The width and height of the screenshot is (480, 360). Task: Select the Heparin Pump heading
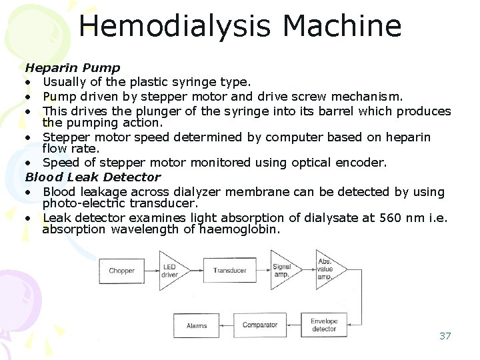click(73, 67)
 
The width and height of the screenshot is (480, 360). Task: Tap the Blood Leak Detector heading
click(93, 177)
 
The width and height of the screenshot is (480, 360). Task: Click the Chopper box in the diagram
click(121, 271)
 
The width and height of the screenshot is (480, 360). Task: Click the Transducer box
click(230, 271)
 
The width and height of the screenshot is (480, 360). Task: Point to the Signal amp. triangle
click(283, 271)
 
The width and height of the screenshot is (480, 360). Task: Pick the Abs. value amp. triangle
click(328, 269)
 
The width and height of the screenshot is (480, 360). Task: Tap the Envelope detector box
click(324, 325)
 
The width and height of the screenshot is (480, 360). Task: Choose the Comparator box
click(259, 325)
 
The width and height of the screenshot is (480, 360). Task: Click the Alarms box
click(197, 326)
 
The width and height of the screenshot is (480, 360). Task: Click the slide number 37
click(445, 335)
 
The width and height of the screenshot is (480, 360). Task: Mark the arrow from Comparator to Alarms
click(226, 326)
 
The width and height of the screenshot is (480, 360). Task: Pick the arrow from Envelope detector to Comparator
click(291, 325)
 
